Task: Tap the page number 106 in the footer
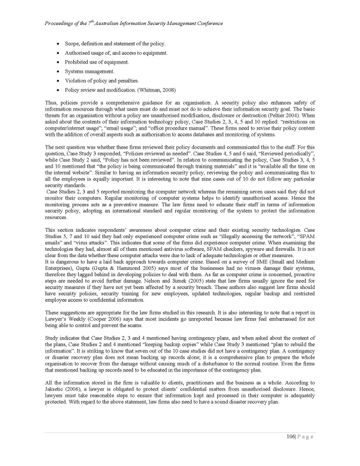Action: click(x=290, y=436)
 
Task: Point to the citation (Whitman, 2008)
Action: click(x=157, y=90)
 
